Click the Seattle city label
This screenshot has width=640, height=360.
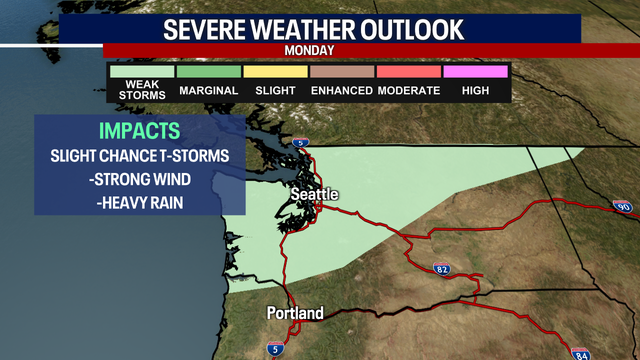pyautogui.click(x=315, y=193)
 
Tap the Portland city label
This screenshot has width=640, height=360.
pyautogui.click(x=295, y=313)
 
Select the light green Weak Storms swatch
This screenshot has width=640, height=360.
pyautogui.click(x=141, y=72)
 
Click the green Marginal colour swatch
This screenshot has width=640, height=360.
pyautogui.click(x=208, y=72)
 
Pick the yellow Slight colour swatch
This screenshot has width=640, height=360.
pyautogui.click(x=275, y=72)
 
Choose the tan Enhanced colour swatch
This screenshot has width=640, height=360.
pyautogui.click(x=342, y=72)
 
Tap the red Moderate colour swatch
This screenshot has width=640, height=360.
pyautogui.click(x=408, y=72)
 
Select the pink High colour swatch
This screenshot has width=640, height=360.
pyautogui.click(x=475, y=72)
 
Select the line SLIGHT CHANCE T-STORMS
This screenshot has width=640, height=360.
pyautogui.click(x=140, y=158)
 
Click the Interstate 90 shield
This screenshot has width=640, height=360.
pyautogui.click(x=621, y=206)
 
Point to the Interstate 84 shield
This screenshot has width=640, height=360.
pyautogui.click(x=581, y=353)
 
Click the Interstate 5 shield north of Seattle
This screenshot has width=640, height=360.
pyautogui.click(x=307, y=144)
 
